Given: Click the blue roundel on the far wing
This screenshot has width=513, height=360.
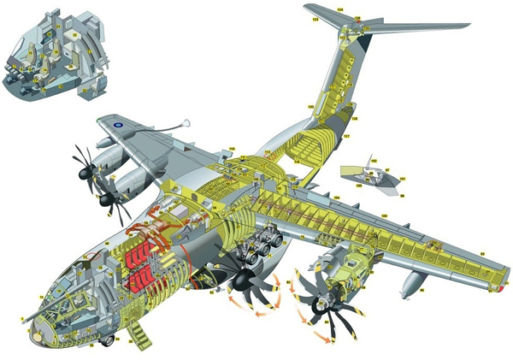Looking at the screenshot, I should pos(117,125).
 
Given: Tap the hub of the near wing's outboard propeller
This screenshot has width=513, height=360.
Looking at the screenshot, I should pos(322,304).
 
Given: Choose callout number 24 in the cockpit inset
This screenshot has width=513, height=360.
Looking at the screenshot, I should pos(74,35).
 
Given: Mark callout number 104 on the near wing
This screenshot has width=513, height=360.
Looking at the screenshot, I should pos(337,197).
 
